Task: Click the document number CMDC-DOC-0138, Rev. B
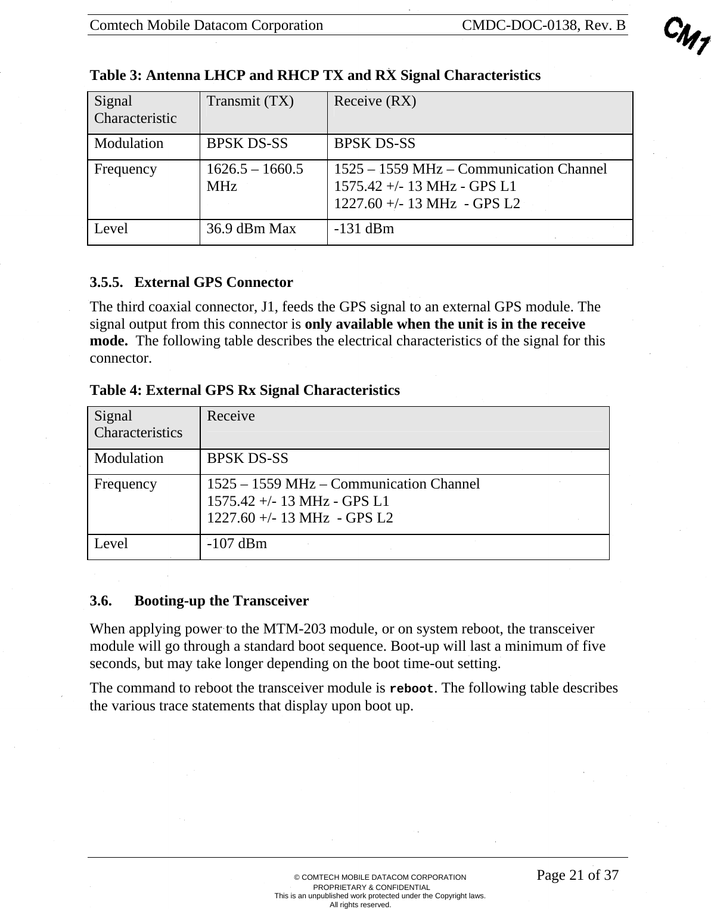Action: coord(544,25)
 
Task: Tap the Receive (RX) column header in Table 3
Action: coord(375,101)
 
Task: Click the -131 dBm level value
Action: coord(364,228)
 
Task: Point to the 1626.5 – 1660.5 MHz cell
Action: coord(254,178)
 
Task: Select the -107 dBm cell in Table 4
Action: coord(237,544)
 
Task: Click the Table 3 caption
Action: coord(315,76)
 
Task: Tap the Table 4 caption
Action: coord(244,391)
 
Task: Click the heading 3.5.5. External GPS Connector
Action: coord(191,282)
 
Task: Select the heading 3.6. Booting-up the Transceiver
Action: coord(199,601)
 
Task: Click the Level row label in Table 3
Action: coord(111,228)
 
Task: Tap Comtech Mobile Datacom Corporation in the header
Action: coord(206,25)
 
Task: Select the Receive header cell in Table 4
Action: coord(231,416)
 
